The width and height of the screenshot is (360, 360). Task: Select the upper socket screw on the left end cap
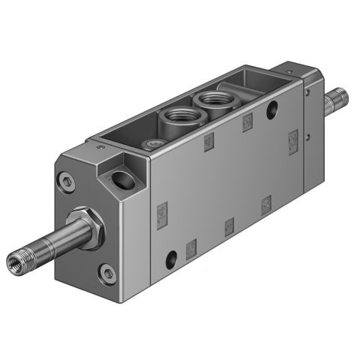pos(69,180)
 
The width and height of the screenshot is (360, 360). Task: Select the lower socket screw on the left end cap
pos(109,274)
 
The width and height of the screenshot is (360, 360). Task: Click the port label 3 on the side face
pos(265,202)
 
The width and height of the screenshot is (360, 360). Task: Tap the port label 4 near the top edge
pos(208,139)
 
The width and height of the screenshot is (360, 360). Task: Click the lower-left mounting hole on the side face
pos(172,259)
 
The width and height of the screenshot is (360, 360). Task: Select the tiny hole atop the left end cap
pos(100,149)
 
